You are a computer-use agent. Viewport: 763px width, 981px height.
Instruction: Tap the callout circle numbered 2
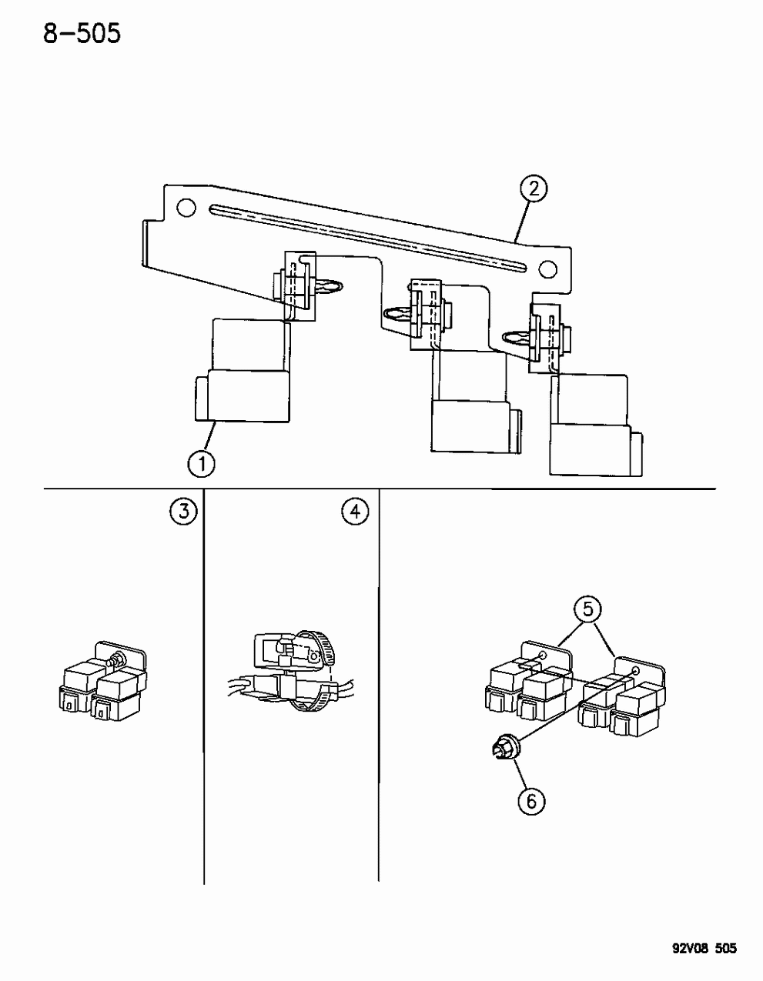pyautogui.click(x=533, y=189)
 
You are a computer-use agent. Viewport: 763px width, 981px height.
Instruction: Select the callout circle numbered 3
pyautogui.click(x=183, y=511)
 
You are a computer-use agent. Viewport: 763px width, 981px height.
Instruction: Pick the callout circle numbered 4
pyautogui.click(x=355, y=511)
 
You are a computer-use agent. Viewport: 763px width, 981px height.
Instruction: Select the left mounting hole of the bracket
pyautogui.click(x=185, y=207)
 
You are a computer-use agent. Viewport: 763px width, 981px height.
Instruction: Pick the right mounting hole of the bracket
pyautogui.click(x=547, y=269)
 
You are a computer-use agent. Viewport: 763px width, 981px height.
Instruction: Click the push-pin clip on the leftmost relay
pyautogui.click(x=327, y=289)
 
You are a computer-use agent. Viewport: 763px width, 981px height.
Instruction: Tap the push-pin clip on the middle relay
pyautogui.click(x=397, y=315)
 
